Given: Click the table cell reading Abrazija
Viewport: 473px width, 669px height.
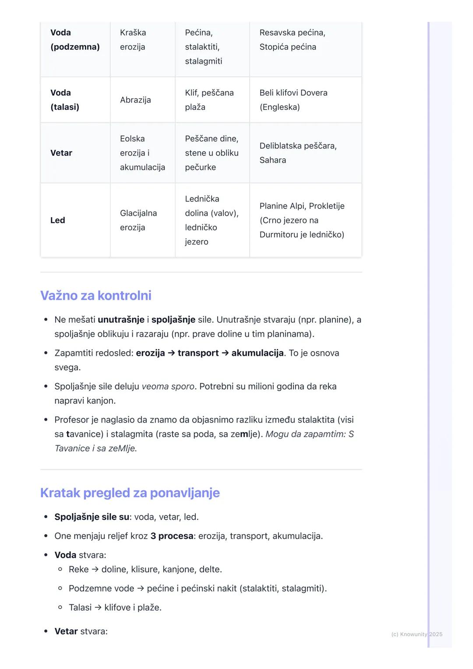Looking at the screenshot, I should coord(135,100).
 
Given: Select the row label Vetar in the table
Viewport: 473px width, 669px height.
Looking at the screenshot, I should coord(61,153).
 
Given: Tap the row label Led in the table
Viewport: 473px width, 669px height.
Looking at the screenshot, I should coord(58,220).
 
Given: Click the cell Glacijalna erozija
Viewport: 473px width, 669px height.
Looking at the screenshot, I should coord(138,220).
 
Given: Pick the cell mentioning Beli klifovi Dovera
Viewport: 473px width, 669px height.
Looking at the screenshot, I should coord(293,100).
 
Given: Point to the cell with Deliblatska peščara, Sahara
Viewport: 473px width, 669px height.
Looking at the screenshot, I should coord(298,153).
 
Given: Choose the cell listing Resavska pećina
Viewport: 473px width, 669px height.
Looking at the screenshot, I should coord(292,40).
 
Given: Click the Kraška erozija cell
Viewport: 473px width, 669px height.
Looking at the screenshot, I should coord(133,40).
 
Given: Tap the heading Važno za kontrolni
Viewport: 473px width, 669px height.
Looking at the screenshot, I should coord(96,296).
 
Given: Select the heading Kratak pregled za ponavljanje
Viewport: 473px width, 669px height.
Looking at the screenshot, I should coord(130,493).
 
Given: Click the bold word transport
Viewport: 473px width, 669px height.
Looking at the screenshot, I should coord(198,353).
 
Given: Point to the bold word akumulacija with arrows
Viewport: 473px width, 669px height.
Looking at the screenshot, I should coord(258,353).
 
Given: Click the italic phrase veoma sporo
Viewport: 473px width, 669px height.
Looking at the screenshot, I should coord(168,387).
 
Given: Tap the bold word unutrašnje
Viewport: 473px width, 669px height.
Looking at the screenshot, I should coord(121,320).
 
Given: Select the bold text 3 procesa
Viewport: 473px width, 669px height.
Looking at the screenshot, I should coord(172,536).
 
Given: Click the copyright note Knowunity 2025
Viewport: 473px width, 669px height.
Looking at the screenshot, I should coord(417,634).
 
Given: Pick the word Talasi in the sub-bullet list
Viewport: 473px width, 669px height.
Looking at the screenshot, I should coord(80,607).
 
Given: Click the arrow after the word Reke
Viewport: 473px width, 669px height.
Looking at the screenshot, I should coord(95,569).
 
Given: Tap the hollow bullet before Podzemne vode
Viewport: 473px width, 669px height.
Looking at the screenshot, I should coord(60,588).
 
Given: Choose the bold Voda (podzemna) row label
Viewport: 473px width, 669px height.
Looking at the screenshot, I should coord(75,40).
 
